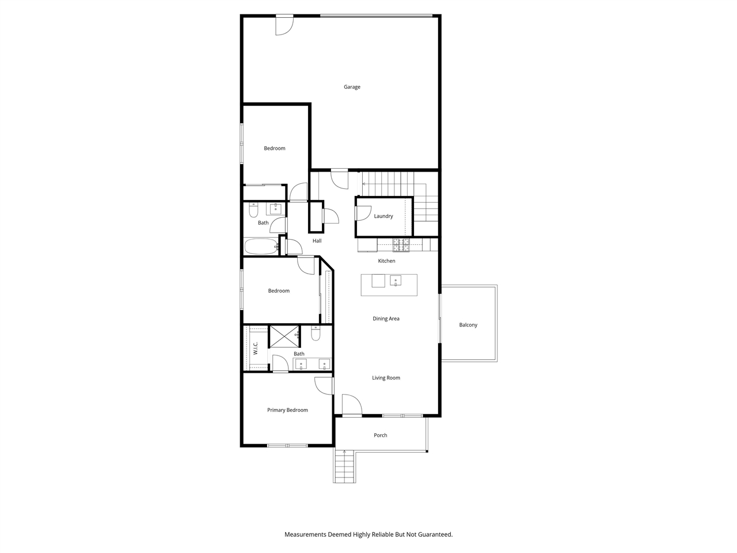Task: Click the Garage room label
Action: point(352,87)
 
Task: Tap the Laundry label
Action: point(383,216)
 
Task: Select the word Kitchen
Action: point(386,261)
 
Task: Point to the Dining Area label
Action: point(386,319)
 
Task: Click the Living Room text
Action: point(386,378)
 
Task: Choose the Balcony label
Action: point(468,325)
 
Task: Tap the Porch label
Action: point(381,435)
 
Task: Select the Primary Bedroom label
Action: point(287,410)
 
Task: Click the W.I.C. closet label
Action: point(256,348)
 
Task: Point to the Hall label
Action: point(317,241)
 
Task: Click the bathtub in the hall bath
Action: point(261,247)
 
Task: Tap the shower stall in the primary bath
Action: point(285,336)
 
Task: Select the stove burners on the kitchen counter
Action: point(401,245)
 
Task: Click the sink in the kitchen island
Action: point(396,281)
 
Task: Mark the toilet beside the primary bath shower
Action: point(316,333)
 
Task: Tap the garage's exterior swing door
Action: point(283,25)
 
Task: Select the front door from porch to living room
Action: point(351,406)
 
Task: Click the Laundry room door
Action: point(363,213)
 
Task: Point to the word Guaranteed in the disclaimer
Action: point(434,535)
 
